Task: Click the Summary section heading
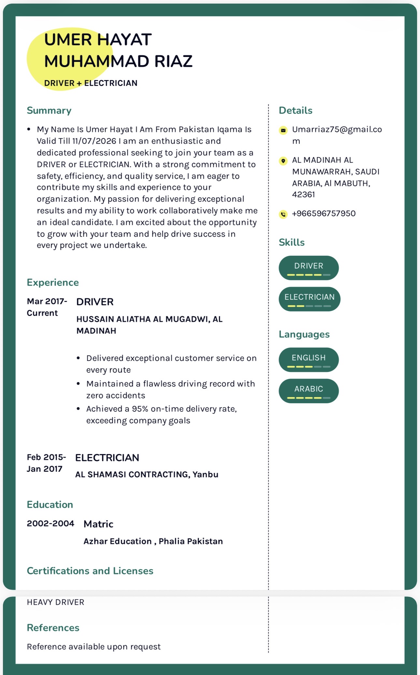point(49,110)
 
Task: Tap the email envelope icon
point(283,130)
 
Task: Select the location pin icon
point(283,161)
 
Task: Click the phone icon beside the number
point(283,214)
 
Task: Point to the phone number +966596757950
point(324,214)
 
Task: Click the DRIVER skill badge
point(309,268)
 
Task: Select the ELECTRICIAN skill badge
point(309,299)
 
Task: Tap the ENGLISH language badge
point(309,360)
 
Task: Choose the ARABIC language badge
point(309,391)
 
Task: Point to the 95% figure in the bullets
point(140,409)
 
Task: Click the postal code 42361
point(303,194)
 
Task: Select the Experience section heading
point(53,282)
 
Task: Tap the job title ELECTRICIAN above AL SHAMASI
point(107,458)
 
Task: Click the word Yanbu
point(205,474)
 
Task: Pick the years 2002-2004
point(50,524)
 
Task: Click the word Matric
point(98,524)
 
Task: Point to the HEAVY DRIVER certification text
point(55,602)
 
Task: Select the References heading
point(53,628)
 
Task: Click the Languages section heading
point(304,334)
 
